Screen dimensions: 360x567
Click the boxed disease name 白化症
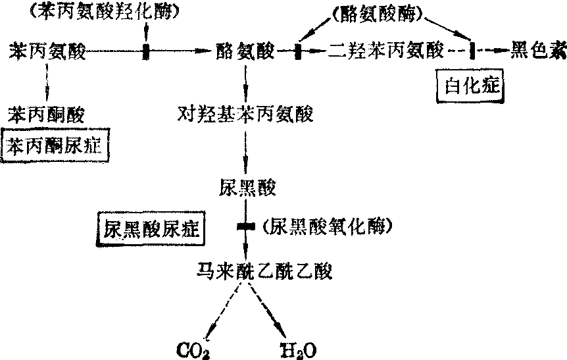click(x=471, y=86)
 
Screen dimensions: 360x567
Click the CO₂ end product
click(x=193, y=347)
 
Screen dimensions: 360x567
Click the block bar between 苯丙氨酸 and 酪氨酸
click(x=145, y=51)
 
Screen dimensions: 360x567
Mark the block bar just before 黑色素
click(x=472, y=51)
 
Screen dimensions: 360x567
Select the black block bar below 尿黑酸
click(x=245, y=227)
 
